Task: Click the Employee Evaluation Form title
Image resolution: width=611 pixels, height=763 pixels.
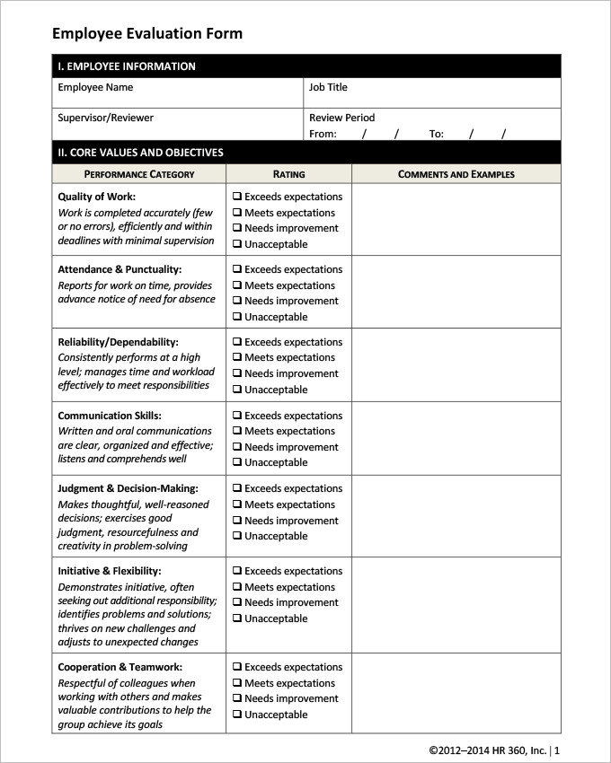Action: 147,34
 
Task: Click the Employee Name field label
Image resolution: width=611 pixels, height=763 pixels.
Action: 95,87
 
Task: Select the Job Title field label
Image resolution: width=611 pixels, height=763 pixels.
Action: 328,87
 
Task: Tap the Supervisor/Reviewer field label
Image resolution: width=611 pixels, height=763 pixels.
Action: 105,118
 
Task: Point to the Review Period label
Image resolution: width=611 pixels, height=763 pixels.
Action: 341,118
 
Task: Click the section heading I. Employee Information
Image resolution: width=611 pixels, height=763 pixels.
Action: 127,66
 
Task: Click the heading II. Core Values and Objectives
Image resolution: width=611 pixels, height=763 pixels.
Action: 141,153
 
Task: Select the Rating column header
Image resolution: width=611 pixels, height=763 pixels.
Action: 288,174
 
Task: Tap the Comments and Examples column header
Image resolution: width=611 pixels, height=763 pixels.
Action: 456,174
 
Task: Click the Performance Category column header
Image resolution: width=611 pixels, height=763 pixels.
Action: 139,174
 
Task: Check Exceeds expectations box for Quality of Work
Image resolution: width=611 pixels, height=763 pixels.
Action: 237,197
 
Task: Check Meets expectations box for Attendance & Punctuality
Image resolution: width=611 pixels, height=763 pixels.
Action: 237,285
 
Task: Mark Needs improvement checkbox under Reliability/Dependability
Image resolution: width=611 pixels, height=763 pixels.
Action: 237,373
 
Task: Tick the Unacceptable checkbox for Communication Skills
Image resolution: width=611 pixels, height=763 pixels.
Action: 237,462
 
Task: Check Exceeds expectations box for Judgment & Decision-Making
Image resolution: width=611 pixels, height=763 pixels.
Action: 237,488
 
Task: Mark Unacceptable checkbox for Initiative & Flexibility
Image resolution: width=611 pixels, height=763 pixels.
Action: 237,618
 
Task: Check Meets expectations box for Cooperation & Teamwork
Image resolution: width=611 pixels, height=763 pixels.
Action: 237,683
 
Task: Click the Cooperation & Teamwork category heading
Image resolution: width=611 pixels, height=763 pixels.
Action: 120,667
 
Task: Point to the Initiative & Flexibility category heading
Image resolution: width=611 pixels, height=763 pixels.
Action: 109,571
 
